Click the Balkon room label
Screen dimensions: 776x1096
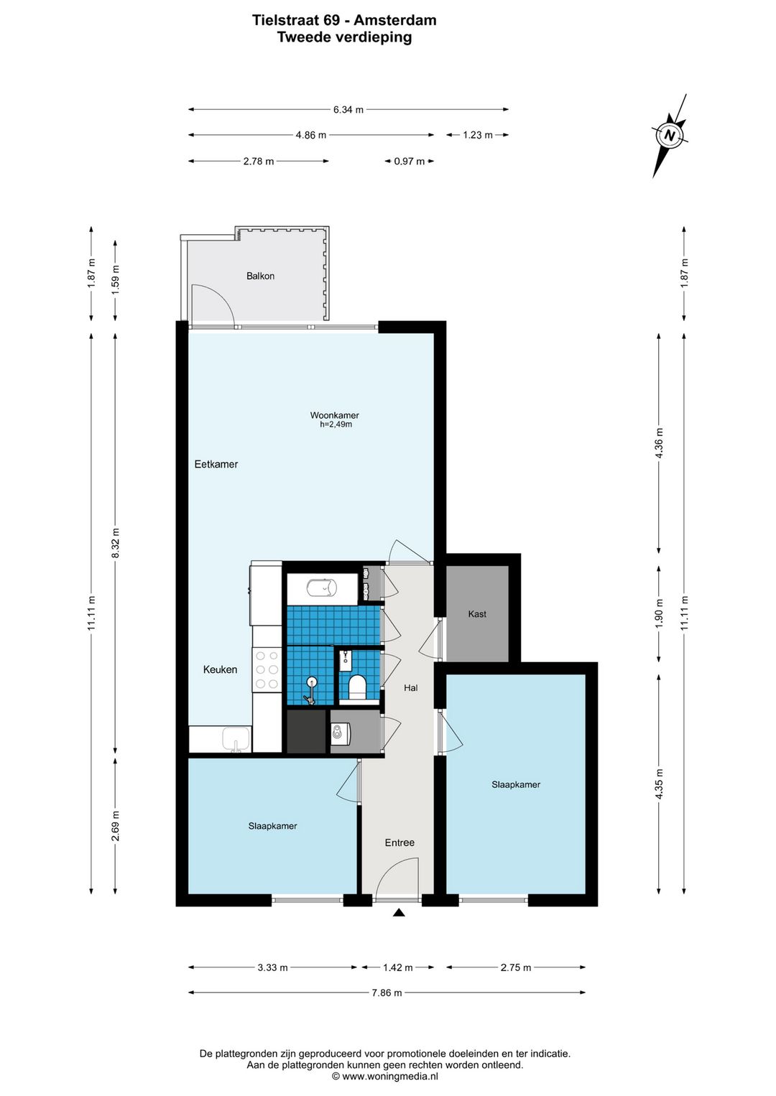(x=260, y=276)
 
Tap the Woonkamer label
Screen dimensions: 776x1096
(x=334, y=415)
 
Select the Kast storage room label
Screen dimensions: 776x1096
(x=477, y=613)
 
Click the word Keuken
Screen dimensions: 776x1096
(x=220, y=669)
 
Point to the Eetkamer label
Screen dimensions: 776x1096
(x=216, y=464)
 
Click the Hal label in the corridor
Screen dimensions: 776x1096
(x=411, y=687)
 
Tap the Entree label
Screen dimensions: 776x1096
(x=399, y=842)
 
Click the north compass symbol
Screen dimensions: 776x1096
(x=669, y=135)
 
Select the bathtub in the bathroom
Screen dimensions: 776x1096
(x=322, y=588)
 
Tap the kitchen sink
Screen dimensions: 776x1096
(x=236, y=739)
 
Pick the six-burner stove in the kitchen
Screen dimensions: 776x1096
(x=267, y=669)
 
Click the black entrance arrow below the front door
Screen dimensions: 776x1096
(x=399, y=912)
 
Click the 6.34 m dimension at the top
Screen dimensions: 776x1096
(x=348, y=110)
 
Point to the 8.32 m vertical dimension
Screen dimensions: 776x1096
(x=116, y=543)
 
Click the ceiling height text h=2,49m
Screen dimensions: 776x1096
(x=336, y=424)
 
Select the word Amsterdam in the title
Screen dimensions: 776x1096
(x=395, y=20)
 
